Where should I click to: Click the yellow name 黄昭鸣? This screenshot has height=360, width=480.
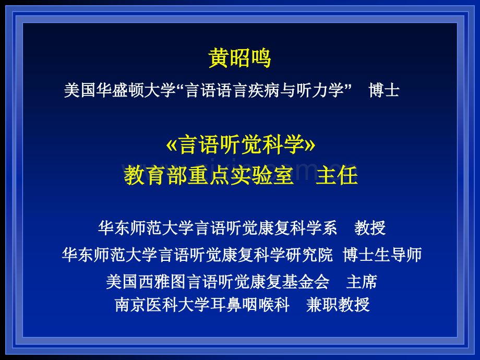239,57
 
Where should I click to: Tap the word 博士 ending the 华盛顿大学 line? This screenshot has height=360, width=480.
384,90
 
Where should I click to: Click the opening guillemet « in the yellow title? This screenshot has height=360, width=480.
172,146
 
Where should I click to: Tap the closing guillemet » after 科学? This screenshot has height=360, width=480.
310,146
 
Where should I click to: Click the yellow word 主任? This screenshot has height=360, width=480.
337,175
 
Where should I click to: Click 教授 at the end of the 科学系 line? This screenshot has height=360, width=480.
370,228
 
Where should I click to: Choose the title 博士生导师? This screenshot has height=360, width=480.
382,255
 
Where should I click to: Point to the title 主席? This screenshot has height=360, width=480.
362,282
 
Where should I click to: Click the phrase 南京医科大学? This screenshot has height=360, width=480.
162,305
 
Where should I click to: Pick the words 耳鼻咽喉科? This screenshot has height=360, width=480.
250,305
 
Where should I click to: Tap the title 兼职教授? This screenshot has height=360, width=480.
338,305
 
